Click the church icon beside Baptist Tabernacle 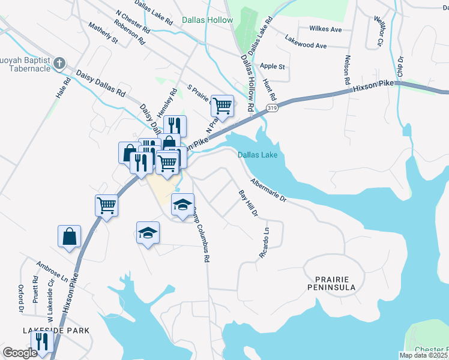coord(59,63)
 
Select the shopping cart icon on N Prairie coord(222,107)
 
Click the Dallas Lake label coord(258,155)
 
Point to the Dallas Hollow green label coord(207,20)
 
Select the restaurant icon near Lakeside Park coord(41,341)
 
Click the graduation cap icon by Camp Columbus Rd coord(183,205)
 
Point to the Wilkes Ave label coord(325,29)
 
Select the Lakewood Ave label coord(306,46)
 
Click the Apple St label coord(273,66)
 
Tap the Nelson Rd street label coord(347,69)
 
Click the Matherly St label coord(103,33)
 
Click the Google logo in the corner coord(20,353)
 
